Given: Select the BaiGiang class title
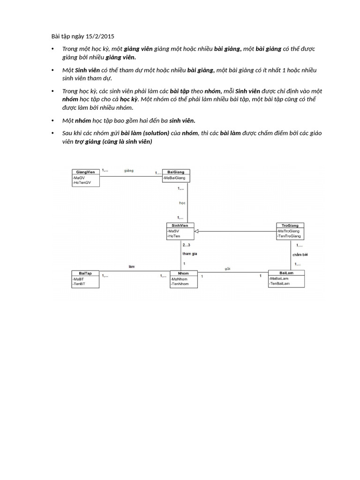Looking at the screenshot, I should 175,172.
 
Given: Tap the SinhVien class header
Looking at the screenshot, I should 180,225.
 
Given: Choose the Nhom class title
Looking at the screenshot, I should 184,273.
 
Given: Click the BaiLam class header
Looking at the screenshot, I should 286,272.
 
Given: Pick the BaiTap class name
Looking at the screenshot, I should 85,273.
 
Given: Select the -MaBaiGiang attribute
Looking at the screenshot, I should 174,178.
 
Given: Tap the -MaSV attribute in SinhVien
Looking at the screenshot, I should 173,231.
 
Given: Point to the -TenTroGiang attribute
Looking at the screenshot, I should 289,236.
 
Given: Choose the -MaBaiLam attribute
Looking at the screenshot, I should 279,278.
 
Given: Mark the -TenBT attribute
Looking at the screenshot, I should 79,284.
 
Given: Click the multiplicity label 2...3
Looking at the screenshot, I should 187,245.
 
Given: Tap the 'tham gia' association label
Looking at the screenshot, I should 189,254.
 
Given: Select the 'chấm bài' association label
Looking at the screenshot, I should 300,255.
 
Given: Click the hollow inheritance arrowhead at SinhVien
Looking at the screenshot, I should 197,231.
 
